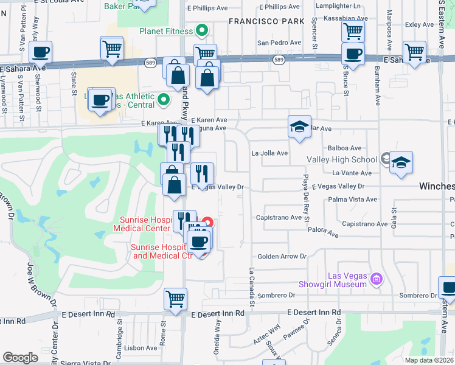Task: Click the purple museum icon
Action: tap(377, 279)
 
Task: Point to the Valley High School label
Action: tap(342, 160)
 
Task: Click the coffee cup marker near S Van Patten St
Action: tap(40, 53)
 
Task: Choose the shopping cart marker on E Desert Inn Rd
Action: tap(175, 299)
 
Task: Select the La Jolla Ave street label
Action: tap(269, 153)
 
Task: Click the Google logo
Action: tap(20, 358)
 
